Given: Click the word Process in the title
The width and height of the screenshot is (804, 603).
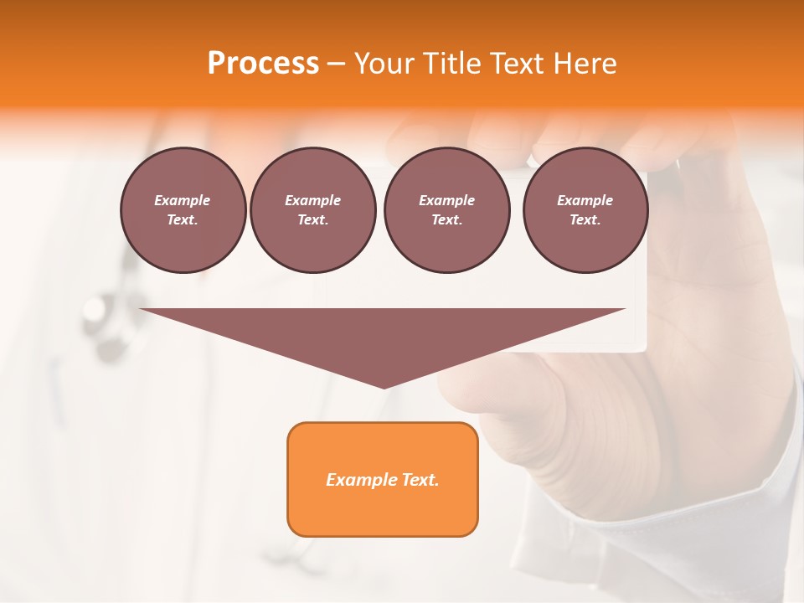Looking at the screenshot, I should coord(263,63).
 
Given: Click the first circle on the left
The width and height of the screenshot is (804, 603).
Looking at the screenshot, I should coord(183,210).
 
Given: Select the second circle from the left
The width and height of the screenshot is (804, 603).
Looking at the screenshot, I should coord(312,210).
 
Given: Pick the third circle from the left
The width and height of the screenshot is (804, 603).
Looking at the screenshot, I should coord(446,210).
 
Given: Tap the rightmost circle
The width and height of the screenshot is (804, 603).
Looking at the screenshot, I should coord(585,210).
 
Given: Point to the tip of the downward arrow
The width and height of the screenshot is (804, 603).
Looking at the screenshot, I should coord(384,387).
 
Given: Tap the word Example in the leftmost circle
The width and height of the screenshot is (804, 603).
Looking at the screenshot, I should coord(183,200).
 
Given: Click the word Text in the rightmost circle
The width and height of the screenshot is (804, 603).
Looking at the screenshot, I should coord(585,220).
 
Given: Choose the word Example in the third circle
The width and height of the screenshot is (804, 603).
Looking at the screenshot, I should coord(446,200).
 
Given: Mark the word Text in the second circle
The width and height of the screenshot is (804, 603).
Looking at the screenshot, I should coord(312,220).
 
